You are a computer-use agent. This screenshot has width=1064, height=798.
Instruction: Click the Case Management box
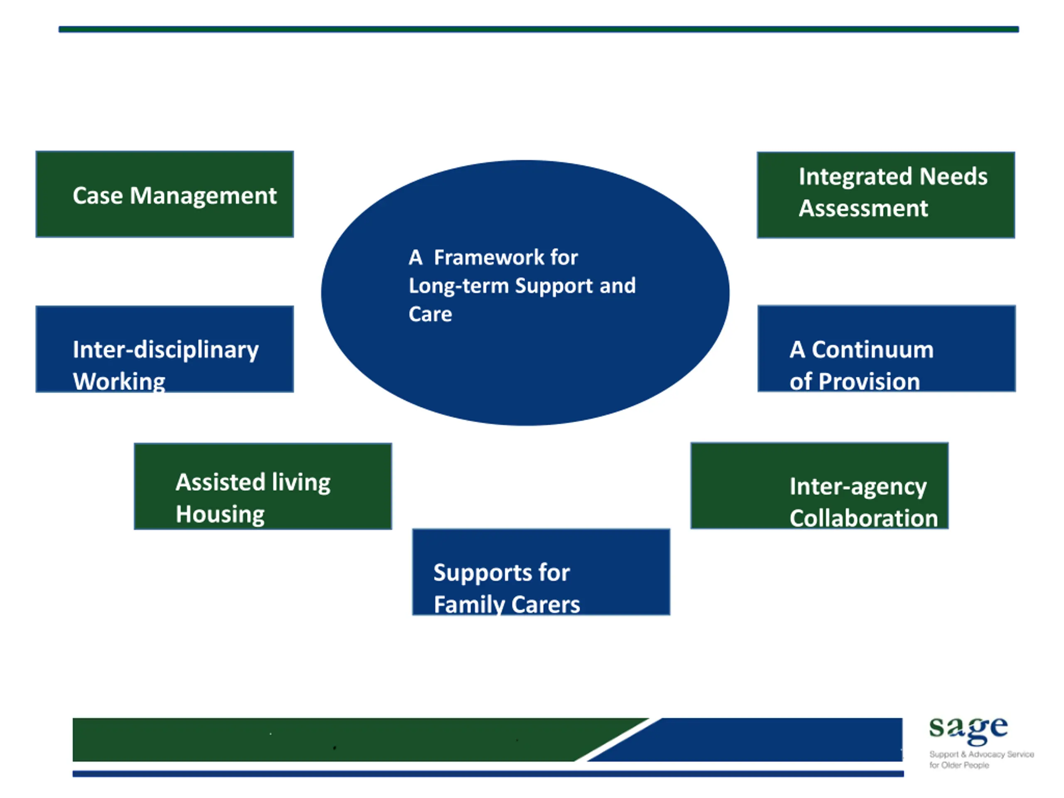(x=165, y=194)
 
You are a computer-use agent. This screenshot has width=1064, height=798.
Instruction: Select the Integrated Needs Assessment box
(x=886, y=195)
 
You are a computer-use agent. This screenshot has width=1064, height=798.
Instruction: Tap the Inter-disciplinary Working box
(x=165, y=349)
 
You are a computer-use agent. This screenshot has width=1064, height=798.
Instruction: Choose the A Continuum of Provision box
(x=887, y=348)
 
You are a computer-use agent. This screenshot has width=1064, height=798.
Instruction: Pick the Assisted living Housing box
(x=263, y=486)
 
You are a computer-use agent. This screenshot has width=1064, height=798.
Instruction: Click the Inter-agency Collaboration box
(x=820, y=485)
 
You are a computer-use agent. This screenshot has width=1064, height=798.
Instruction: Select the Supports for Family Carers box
(x=541, y=571)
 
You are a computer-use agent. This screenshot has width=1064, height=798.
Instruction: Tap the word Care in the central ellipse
(x=430, y=314)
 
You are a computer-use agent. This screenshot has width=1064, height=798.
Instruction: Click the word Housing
(x=220, y=515)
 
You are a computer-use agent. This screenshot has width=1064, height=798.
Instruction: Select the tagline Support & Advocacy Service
(x=981, y=754)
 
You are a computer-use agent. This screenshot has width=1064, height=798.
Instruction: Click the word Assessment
(x=863, y=208)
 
